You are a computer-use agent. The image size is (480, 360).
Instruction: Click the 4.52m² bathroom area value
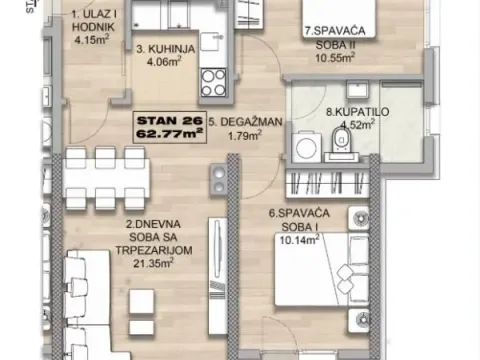(345, 125)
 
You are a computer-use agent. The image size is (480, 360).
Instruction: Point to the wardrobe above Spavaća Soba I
(325, 183)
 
